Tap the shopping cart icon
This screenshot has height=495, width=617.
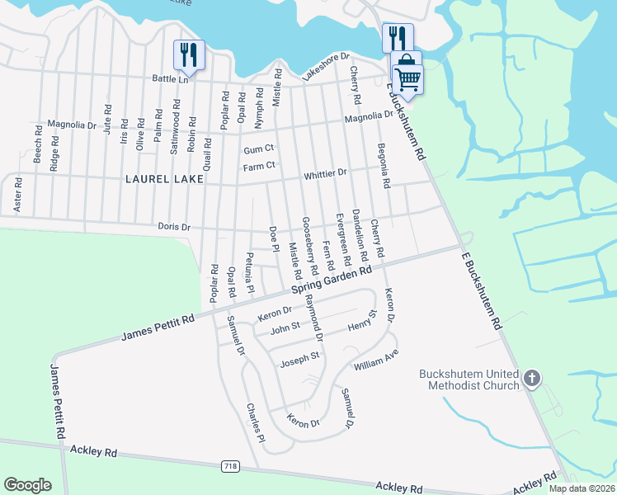click(x=407, y=80)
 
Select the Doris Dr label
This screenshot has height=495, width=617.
click(x=174, y=227)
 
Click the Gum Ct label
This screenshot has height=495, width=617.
click(x=258, y=150)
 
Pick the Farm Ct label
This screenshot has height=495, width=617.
click(x=258, y=167)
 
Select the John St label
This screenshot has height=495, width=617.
click(x=284, y=328)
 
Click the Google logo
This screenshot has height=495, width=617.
click(x=27, y=485)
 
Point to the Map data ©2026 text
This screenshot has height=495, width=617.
click(x=582, y=488)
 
